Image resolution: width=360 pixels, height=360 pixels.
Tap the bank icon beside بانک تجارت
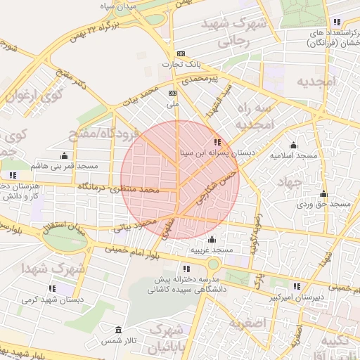tap(181, 53)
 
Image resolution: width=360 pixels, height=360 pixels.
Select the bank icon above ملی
tap(172, 93)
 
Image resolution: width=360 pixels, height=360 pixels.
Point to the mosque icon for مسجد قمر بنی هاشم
tap(65, 155)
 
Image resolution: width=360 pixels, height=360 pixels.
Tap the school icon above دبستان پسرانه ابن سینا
tap(207, 142)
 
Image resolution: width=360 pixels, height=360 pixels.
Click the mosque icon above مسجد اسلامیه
tap(293, 145)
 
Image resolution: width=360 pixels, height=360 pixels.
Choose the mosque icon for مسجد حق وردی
tap(323, 194)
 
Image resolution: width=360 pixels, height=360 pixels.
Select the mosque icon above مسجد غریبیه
tap(212, 240)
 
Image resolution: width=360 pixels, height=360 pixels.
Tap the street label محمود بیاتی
tap(138, 225)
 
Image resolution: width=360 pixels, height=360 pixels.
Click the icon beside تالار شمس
tap(117, 330)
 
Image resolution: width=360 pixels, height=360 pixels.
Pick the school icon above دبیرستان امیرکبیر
tap(297, 286)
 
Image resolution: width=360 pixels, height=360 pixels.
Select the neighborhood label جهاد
tap(288, 181)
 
